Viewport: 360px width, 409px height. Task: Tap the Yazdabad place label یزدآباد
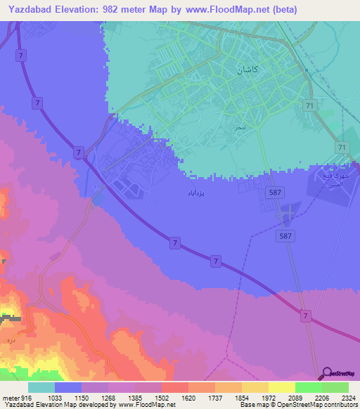point(196,191)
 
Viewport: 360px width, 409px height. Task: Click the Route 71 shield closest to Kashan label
point(309,105)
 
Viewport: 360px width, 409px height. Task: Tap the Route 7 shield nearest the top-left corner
point(23,55)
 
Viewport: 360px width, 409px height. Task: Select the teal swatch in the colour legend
point(41,387)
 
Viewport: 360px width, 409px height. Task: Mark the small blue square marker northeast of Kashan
point(307,70)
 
